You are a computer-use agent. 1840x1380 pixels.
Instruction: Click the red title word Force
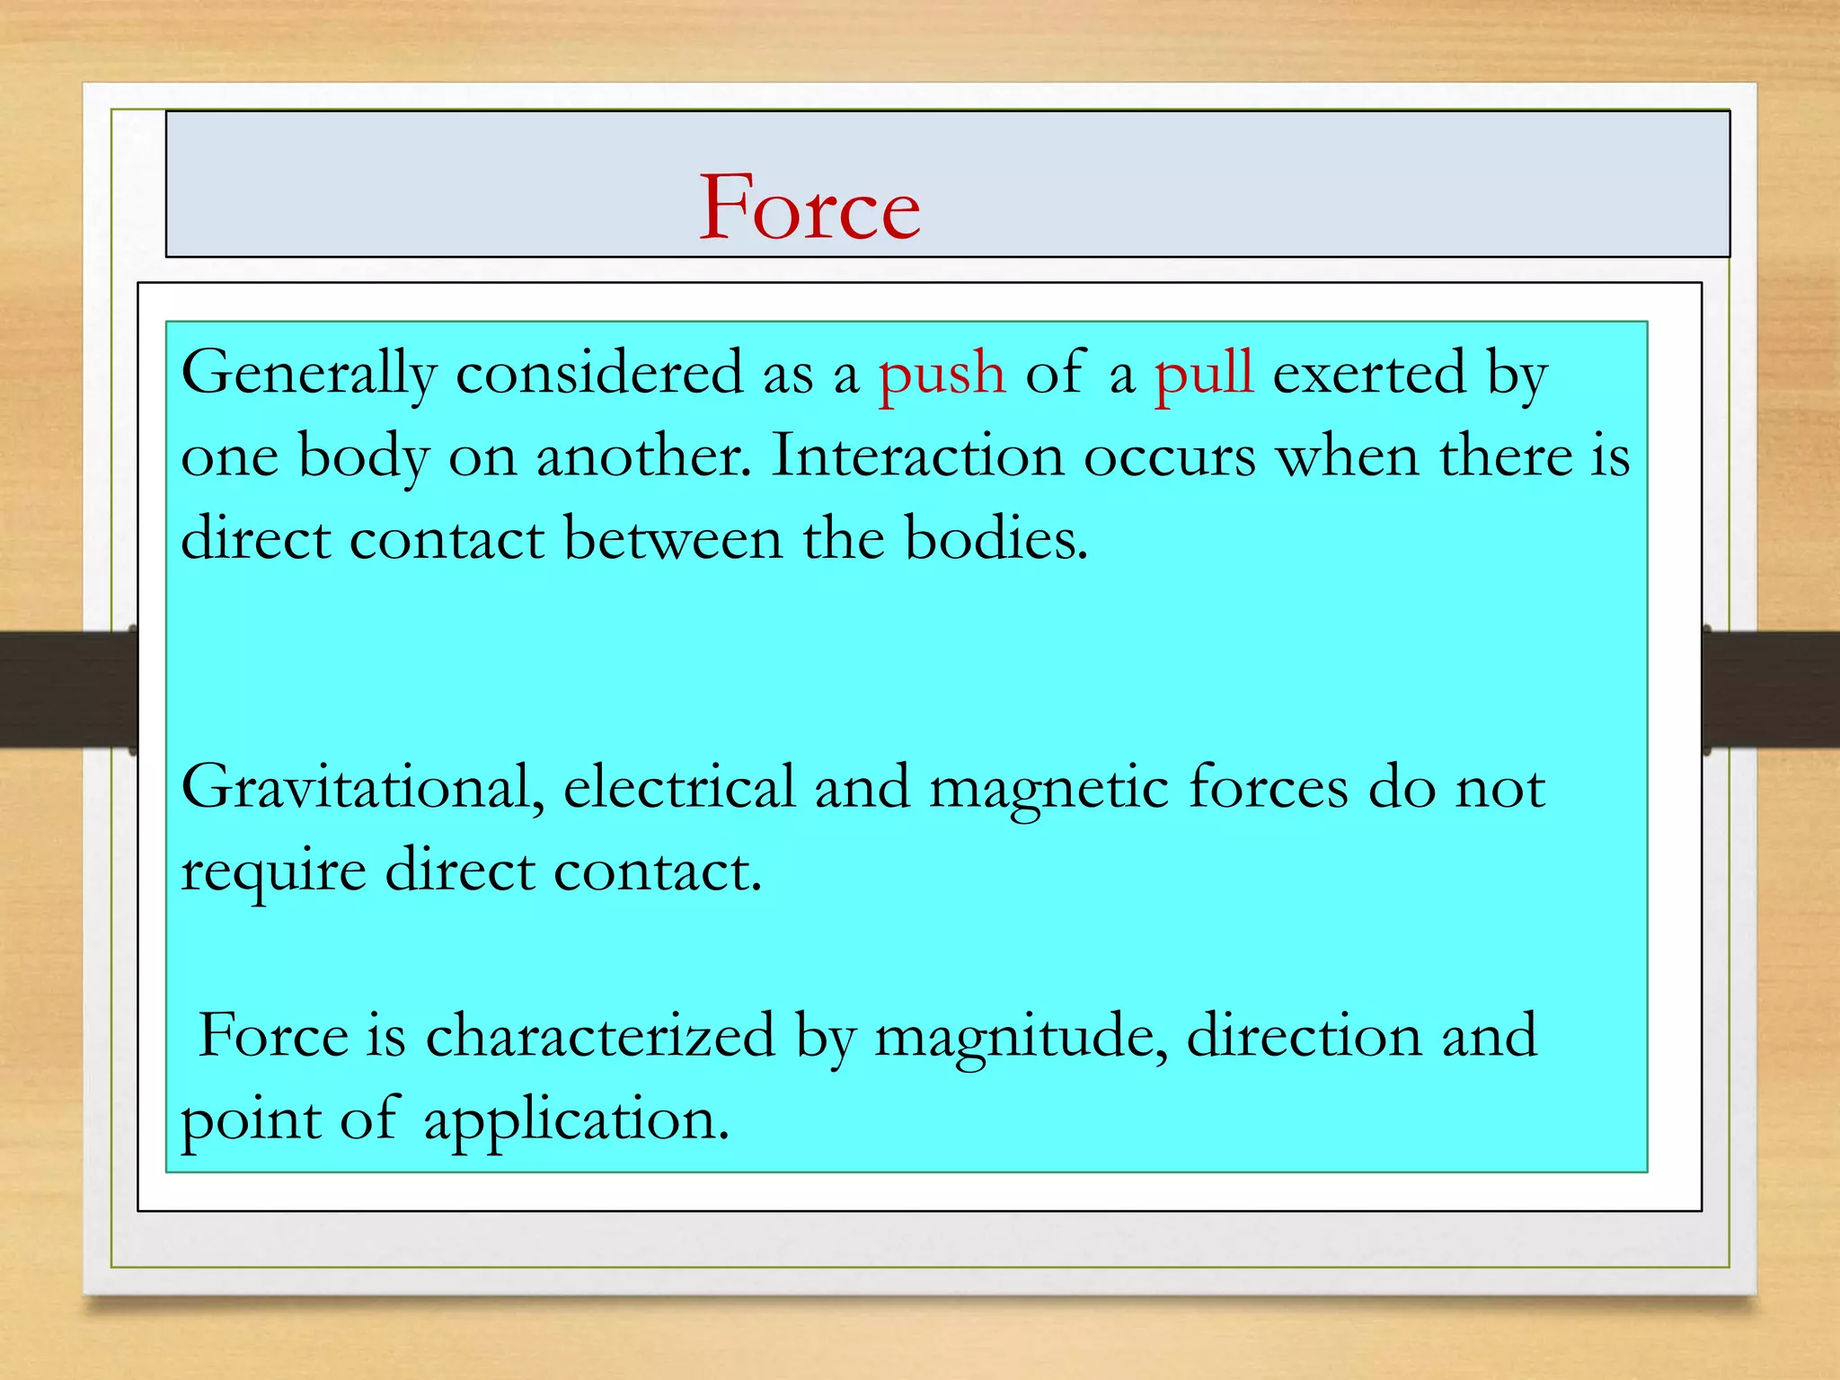(809, 208)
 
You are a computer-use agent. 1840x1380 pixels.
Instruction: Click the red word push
(941, 374)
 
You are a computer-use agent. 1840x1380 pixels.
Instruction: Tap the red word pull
(1203, 372)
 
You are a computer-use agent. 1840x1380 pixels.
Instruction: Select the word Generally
(308, 374)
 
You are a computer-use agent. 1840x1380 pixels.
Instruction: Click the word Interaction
(917, 456)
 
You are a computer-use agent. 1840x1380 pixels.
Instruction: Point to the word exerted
(1369, 374)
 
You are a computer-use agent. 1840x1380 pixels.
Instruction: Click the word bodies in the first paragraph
(995, 539)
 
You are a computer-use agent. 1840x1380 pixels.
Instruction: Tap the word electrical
(678, 788)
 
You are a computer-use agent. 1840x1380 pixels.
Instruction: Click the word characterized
(599, 1036)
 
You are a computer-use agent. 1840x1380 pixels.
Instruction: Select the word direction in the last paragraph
(1304, 1036)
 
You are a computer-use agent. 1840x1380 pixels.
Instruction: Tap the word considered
(599, 374)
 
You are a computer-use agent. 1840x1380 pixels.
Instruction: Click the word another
(642, 456)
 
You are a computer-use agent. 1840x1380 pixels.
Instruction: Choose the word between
(673, 539)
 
